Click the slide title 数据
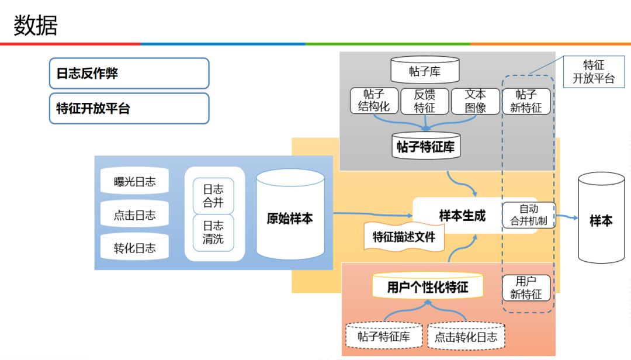(36, 26)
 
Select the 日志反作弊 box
(129, 73)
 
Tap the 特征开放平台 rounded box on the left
(129, 109)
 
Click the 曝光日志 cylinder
(135, 182)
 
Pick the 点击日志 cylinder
(135, 215)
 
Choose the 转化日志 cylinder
(135, 248)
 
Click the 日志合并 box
(213, 196)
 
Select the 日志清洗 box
(213, 232)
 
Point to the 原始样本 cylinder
(290, 218)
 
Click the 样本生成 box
(462, 216)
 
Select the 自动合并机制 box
(529, 215)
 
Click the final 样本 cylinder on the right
(601, 220)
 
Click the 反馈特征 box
(425, 101)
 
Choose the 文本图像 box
(476, 101)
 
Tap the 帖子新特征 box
(526, 101)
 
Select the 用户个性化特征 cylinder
(428, 286)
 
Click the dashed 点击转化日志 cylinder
(466, 336)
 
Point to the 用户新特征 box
(526, 288)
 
